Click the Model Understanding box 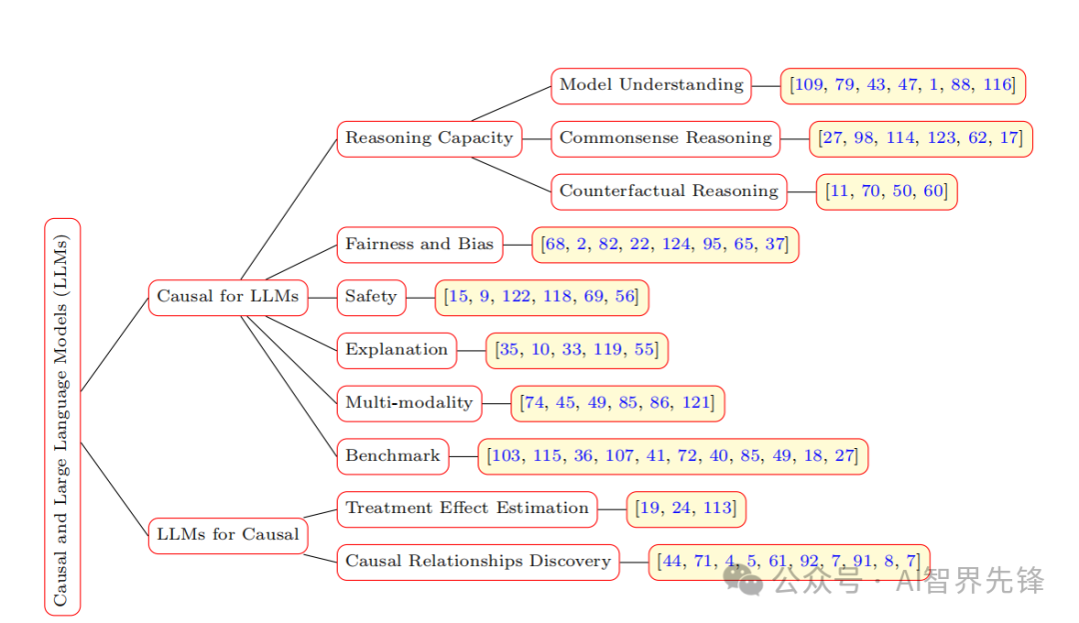pyautogui.click(x=651, y=85)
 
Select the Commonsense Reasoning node pyautogui.click(x=665, y=138)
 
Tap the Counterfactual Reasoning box pyautogui.click(x=668, y=191)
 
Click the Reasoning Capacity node pyautogui.click(x=429, y=138)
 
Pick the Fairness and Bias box pyautogui.click(x=420, y=244)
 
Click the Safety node pyautogui.click(x=371, y=297)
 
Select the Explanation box pyautogui.click(x=397, y=350)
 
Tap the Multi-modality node pyautogui.click(x=409, y=403)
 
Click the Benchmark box pyautogui.click(x=393, y=456)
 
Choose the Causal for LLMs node pyautogui.click(x=228, y=297)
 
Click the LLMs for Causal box pyautogui.click(x=228, y=534)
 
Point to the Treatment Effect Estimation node pyautogui.click(x=467, y=508)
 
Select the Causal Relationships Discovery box pyautogui.click(x=478, y=561)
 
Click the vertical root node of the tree pyautogui.click(x=62, y=415)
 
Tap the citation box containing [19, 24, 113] pyautogui.click(x=686, y=509)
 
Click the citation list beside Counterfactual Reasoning pyautogui.click(x=886, y=191)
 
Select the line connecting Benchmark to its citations pyautogui.click(x=464, y=456)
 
